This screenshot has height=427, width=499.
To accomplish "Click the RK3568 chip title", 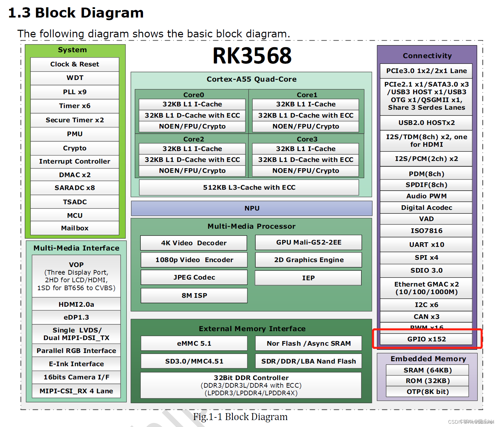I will pyautogui.click(x=252, y=56).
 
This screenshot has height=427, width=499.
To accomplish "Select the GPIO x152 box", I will pyautogui.click(x=426, y=339).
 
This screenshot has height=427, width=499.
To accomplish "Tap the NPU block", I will pyautogui.click(x=252, y=208).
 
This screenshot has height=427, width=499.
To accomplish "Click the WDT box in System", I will pyautogui.click(x=75, y=78).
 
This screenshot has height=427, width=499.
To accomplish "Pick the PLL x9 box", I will pyautogui.click(x=75, y=92).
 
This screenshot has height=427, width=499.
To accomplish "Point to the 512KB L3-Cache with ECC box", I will pyautogui.click(x=249, y=187).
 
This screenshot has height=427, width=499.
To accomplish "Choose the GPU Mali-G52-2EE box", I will pyautogui.click(x=308, y=242).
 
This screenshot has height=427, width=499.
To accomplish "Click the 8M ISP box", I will pyautogui.click(x=194, y=295).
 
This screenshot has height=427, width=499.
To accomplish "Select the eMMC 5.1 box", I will pyautogui.click(x=194, y=343).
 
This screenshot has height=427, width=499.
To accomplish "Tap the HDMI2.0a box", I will pyautogui.click(x=76, y=304).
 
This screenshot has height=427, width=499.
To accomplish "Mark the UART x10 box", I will pyautogui.click(x=426, y=245).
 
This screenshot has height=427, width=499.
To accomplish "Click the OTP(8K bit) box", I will pyautogui.click(x=427, y=392).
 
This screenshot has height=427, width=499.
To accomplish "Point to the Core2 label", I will pyautogui.click(x=194, y=139).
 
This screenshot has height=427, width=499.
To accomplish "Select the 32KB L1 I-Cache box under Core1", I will pyautogui.click(x=305, y=104).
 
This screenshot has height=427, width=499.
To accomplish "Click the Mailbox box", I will pyautogui.click(x=75, y=228).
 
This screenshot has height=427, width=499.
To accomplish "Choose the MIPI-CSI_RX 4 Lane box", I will pyautogui.click(x=76, y=391).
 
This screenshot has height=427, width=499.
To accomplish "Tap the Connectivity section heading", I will pyautogui.click(x=427, y=56).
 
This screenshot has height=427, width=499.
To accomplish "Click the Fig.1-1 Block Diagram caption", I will pyautogui.click(x=240, y=417).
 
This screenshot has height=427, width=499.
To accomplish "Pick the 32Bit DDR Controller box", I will pyautogui.click(x=251, y=385).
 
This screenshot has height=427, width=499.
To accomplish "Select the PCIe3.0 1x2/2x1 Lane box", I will pyautogui.click(x=426, y=71).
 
